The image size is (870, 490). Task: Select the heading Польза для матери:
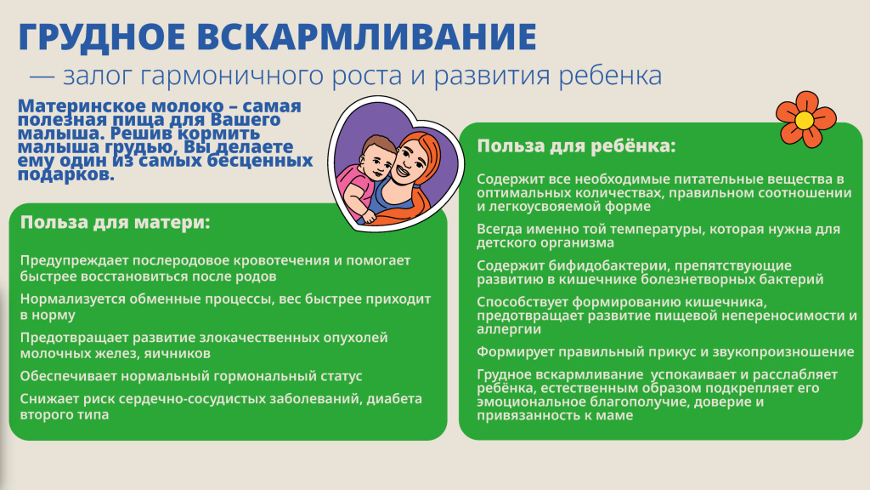115,223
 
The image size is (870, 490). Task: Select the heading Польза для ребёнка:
576,145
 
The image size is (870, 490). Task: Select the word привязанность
520,415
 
